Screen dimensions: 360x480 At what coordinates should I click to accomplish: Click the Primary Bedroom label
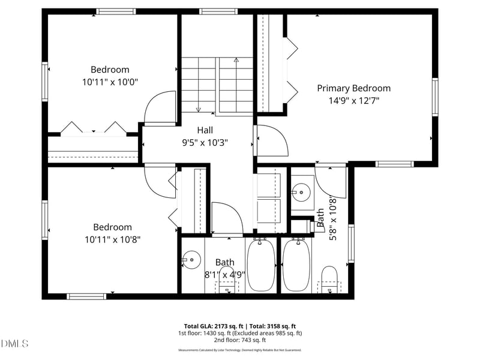pyautogui.click(x=353, y=88)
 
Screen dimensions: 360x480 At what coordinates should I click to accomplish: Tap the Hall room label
pyautogui.click(x=205, y=130)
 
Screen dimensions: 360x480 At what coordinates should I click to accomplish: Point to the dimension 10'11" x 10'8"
pyautogui.click(x=112, y=239)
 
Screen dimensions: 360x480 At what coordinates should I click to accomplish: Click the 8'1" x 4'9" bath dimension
pyautogui.click(x=225, y=275)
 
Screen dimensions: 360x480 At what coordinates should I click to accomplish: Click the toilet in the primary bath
pyautogui.click(x=329, y=279)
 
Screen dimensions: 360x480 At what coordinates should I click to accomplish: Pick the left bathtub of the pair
pyautogui.click(x=261, y=265)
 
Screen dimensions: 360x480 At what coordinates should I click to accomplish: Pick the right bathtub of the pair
pyautogui.click(x=295, y=265)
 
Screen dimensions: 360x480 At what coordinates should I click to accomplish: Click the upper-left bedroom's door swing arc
pyautogui.click(x=157, y=108)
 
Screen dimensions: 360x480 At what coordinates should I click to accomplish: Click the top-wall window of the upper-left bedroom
pyautogui.click(x=116, y=11)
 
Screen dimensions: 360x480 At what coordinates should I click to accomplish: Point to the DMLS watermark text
pyautogui.click(x=15, y=343)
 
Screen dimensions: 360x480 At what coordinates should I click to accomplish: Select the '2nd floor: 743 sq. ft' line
pyautogui.click(x=240, y=340)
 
